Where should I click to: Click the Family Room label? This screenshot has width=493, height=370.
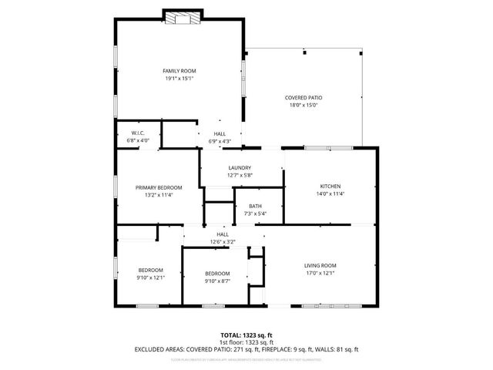(x=179, y=71)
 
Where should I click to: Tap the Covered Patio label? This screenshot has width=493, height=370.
(x=304, y=98)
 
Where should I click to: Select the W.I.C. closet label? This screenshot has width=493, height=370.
(x=139, y=133)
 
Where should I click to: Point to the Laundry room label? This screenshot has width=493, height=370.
(x=240, y=168)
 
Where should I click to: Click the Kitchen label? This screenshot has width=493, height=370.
(x=330, y=187)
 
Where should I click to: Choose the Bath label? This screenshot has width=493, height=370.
(x=255, y=207)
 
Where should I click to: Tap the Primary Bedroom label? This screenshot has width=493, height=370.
(x=159, y=187)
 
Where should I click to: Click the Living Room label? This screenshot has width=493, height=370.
(x=320, y=265)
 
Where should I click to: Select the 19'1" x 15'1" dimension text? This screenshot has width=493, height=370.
(x=179, y=79)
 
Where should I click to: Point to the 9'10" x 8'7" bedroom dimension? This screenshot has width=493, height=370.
(x=217, y=281)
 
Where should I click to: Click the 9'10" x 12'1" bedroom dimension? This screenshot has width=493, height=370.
(x=151, y=277)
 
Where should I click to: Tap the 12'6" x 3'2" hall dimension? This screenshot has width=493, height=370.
(x=223, y=242)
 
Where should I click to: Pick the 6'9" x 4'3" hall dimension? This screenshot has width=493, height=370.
(x=220, y=142)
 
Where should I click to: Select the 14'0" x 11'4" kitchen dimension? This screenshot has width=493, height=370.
(x=330, y=194)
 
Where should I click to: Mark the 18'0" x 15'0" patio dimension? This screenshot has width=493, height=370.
(x=304, y=106)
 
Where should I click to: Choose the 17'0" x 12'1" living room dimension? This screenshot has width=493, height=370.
(x=320, y=273)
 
